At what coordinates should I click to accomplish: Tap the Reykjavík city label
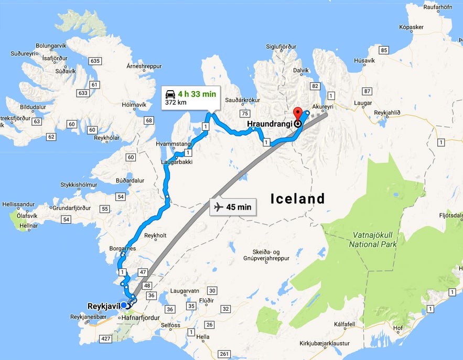103,305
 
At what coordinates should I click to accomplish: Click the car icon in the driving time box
170,94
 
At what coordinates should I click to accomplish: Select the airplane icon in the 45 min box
219,207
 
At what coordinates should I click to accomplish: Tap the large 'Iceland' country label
298,199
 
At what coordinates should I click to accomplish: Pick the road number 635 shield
95,61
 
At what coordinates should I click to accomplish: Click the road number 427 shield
106,339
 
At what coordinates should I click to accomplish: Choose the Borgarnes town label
122,248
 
